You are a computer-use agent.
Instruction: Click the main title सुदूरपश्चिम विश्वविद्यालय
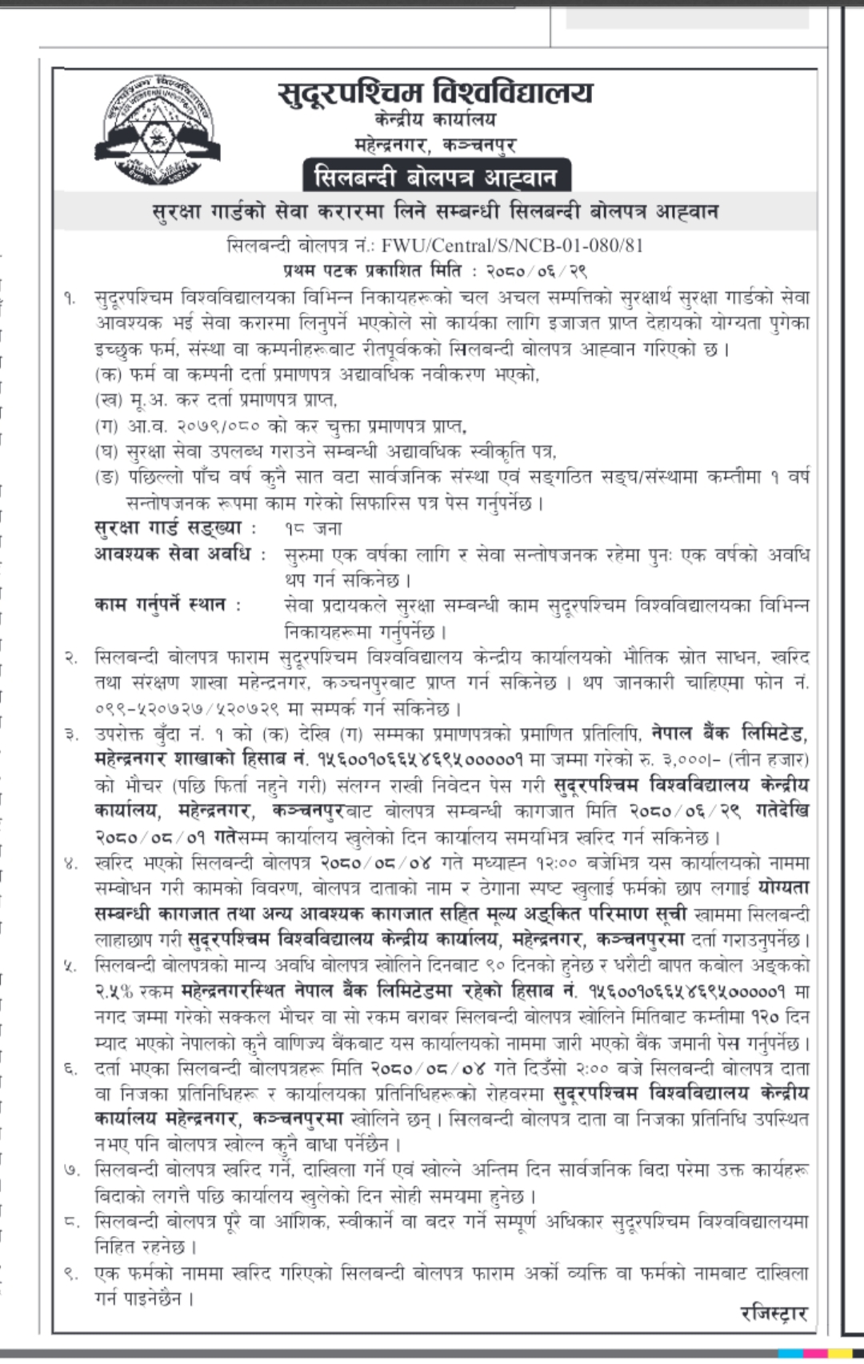[x=436, y=93]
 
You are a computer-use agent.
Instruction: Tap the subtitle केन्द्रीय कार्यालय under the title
[x=435, y=121]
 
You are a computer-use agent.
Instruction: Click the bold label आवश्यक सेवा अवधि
[x=180, y=554]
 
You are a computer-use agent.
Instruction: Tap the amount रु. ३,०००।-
[x=673, y=759]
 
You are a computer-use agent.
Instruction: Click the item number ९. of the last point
[x=71, y=1274]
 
